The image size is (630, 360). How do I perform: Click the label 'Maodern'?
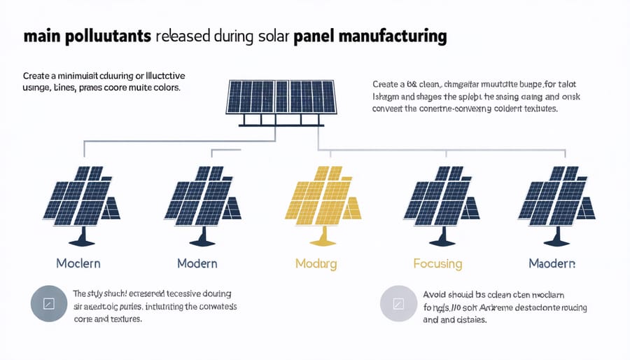(x=552, y=264)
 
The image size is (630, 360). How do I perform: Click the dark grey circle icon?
(x=48, y=305)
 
